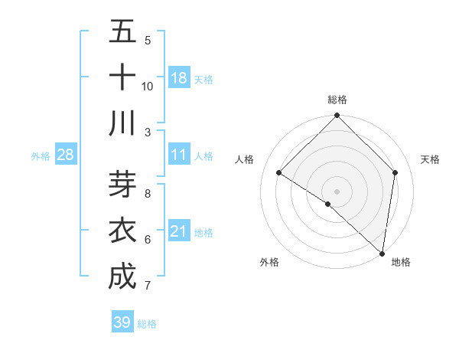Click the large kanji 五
point(122,33)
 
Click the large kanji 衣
point(122,231)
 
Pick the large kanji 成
point(122,277)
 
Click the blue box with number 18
point(179,78)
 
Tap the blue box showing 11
point(179,155)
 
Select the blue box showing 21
point(179,231)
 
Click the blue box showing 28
point(66,155)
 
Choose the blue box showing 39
point(122,322)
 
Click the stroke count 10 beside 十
point(148,87)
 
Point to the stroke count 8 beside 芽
point(148,194)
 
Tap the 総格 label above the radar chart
point(337,100)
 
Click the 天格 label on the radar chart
point(430,160)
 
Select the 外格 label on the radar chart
point(269,263)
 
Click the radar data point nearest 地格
point(382,253)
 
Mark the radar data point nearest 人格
point(279,173)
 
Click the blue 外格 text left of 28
point(41,156)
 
